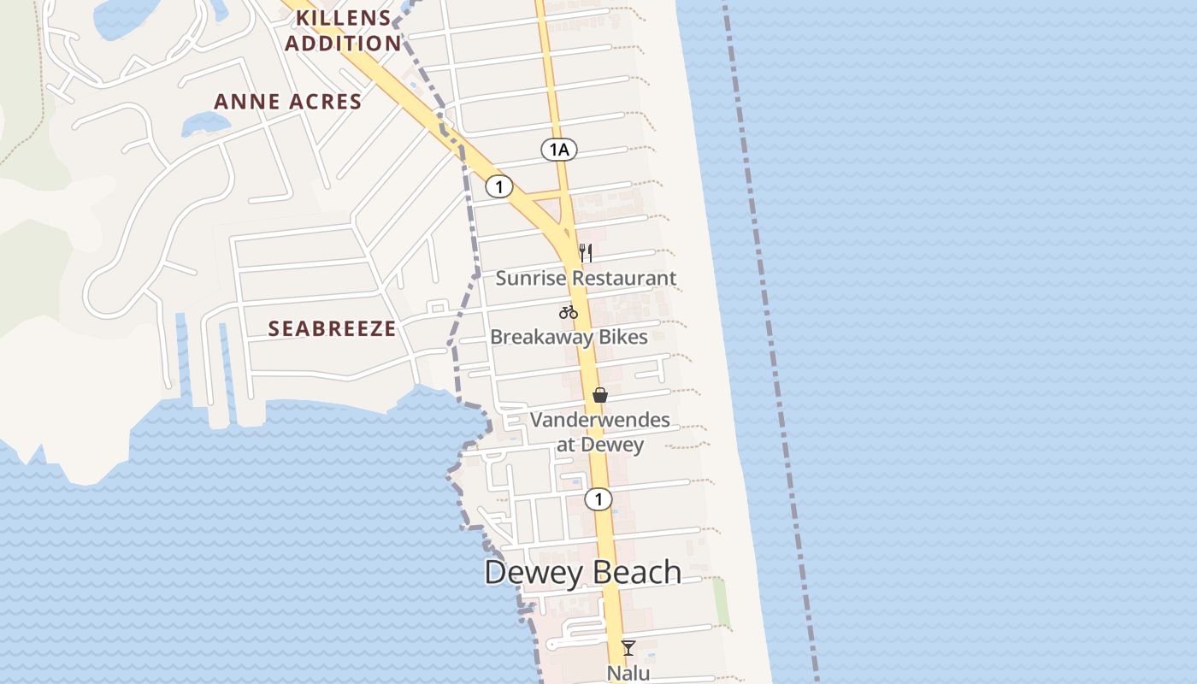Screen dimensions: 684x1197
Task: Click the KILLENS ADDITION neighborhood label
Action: click(343, 30)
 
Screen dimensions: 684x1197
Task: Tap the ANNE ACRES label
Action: click(287, 102)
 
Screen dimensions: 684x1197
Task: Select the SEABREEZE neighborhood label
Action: click(332, 328)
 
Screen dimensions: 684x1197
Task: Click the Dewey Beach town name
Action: click(582, 572)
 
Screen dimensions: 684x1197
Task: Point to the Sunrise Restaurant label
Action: click(586, 278)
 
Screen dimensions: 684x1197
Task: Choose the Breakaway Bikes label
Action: click(569, 337)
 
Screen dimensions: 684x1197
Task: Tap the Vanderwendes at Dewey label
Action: click(599, 432)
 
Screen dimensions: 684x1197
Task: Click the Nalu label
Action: click(628, 673)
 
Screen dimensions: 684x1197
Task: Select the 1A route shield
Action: click(558, 150)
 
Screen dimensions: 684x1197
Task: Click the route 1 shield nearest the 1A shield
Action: click(499, 186)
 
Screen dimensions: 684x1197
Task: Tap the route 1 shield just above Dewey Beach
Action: click(598, 498)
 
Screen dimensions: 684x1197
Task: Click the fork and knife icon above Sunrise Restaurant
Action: click(586, 252)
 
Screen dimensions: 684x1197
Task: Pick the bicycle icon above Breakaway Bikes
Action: click(569, 312)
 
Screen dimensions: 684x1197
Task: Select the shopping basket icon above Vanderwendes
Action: click(600, 395)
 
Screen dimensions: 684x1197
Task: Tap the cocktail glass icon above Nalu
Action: click(628, 647)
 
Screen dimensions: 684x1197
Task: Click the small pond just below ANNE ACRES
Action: click(205, 124)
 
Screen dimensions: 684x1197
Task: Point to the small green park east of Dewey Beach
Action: click(722, 603)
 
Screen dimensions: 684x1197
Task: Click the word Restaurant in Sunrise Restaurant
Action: click(624, 278)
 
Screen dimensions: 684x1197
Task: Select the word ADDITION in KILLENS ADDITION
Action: click(343, 43)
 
